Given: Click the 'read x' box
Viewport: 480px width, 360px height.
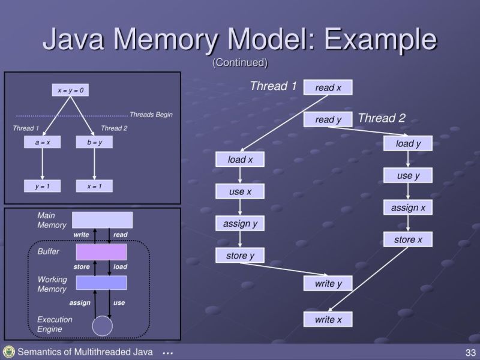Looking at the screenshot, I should click(328, 88).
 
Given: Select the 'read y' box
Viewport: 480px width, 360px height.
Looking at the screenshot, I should click(328, 119).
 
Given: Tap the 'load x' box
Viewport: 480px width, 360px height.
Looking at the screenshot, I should click(240, 160).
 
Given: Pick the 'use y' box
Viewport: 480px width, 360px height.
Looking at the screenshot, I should click(408, 176).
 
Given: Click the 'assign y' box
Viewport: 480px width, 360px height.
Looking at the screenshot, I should click(240, 224).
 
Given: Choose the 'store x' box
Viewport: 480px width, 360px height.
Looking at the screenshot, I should click(408, 239).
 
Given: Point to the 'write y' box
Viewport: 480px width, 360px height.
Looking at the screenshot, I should click(328, 283).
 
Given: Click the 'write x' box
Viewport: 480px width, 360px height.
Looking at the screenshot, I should click(328, 319).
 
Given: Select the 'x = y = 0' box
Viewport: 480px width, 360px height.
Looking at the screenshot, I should click(70, 91).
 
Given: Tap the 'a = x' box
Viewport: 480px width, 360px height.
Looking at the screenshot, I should click(43, 143).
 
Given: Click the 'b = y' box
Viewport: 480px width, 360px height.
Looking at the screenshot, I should click(94, 143).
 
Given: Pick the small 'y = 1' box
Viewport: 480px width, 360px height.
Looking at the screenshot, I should click(43, 186).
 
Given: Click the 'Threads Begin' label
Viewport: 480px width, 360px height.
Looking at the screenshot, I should click(151, 115).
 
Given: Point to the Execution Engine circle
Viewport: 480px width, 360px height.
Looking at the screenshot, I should click(102, 326).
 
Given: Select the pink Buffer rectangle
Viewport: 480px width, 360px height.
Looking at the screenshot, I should click(101, 251).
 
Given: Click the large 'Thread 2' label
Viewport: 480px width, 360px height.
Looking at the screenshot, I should click(382, 118).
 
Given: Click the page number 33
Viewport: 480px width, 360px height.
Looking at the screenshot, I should click(469, 352).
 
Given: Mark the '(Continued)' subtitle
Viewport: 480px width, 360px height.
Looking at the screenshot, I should click(240, 62).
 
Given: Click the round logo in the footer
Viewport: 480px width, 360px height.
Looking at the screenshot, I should click(8, 352).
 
